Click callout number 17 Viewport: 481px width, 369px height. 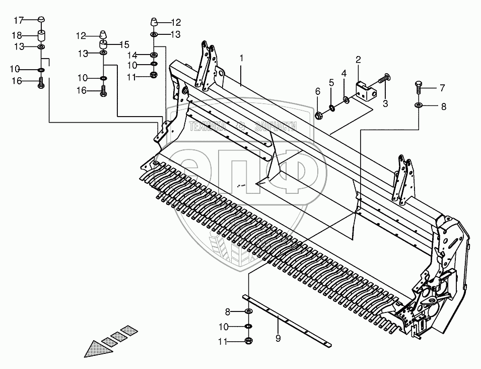click(x=18, y=20)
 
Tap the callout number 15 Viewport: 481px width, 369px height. click(x=124, y=44)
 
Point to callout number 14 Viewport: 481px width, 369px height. click(x=132, y=55)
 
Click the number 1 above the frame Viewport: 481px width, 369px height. click(x=241, y=59)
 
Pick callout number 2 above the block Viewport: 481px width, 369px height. click(x=358, y=60)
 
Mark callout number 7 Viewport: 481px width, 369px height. click(x=442, y=88)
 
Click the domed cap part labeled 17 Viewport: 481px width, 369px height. click(x=42, y=20)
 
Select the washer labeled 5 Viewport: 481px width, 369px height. click(x=331, y=107)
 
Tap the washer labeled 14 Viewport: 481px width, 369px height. click(x=154, y=55)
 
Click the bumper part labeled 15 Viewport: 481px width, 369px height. click(x=103, y=45)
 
